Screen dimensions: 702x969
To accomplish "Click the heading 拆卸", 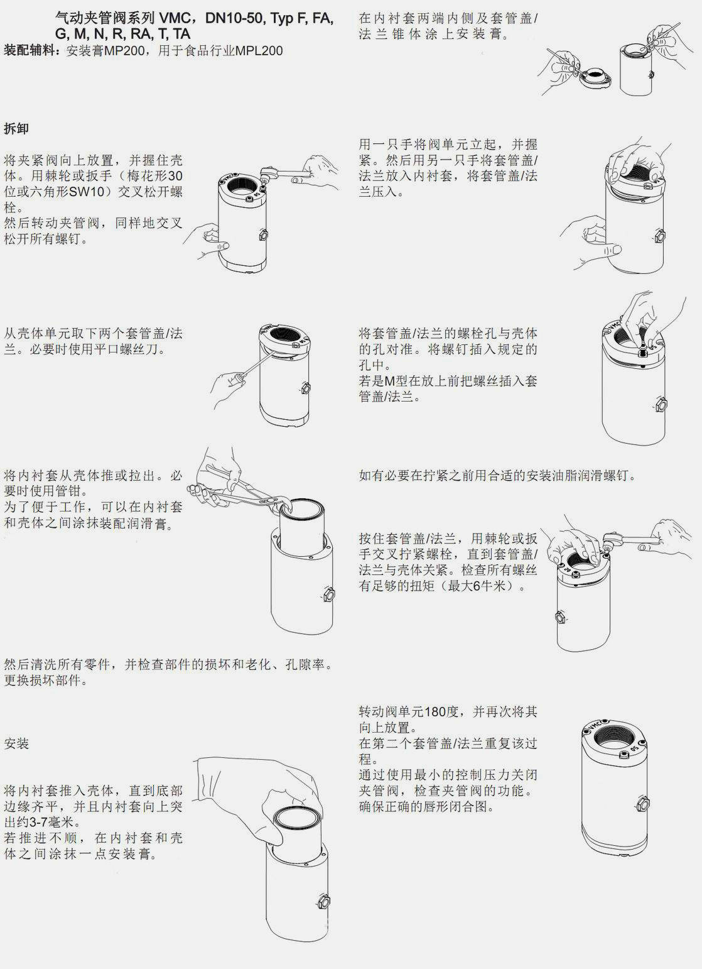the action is point(16,128).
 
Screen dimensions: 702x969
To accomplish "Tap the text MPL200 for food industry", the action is point(259,51).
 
